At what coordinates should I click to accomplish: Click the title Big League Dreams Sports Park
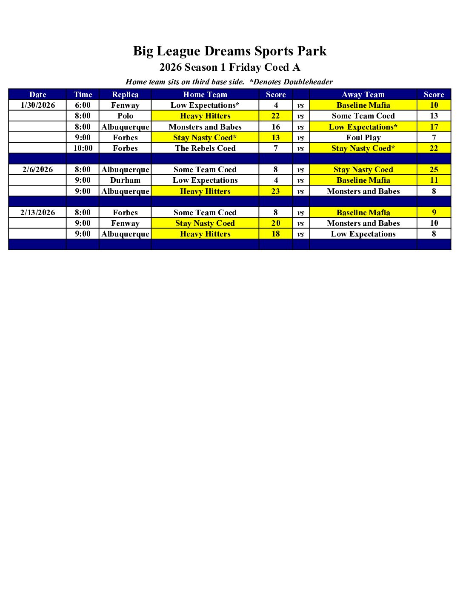coord(230,51)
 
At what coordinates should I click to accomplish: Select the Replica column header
coord(125,95)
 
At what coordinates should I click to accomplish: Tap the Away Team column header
coord(363,95)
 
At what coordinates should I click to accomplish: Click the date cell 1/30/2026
coord(38,105)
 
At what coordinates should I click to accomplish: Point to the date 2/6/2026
coord(38,170)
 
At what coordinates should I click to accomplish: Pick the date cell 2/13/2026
coord(38,213)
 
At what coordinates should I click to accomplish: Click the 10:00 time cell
coord(83,148)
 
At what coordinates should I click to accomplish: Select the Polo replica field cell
coord(125,116)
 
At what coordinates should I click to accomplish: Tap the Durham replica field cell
coord(125,180)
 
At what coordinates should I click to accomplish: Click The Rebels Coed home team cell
coord(205,148)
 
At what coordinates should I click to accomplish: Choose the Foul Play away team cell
coord(363,138)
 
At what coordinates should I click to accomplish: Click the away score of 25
coord(434,170)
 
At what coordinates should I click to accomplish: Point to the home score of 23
coord(276,191)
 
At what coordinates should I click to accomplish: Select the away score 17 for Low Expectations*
coord(434,127)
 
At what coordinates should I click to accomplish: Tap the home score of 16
coord(276,127)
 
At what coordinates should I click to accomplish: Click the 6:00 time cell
coord(83,105)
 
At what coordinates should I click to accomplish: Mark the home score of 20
coord(276,223)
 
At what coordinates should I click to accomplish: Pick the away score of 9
coord(434,213)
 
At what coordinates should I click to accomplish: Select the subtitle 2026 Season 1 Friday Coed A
coord(230,67)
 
